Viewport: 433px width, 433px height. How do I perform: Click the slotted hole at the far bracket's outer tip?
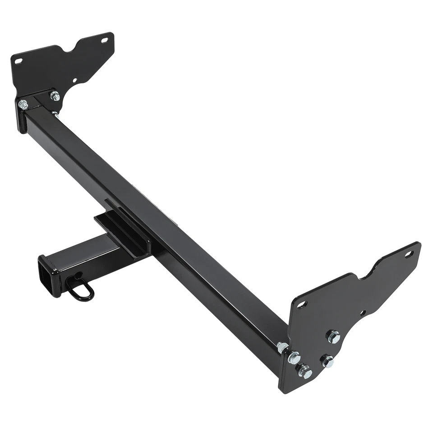(x=105, y=40)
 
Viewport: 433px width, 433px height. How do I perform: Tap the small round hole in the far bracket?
(x=75, y=81)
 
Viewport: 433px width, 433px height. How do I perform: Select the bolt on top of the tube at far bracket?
(x=55, y=96)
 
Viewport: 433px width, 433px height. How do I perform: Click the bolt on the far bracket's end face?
(x=23, y=105)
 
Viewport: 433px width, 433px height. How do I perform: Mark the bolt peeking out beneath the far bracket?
(x=55, y=114)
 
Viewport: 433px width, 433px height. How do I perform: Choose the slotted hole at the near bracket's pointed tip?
(x=409, y=254)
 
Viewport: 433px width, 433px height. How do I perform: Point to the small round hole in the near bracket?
(x=363, y=312)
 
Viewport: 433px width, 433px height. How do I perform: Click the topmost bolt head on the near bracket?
(x=333, y=336)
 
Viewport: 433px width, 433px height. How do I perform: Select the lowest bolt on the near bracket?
(x=304, y=372)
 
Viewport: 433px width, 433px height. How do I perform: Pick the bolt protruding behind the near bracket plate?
(x=282, y=347)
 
